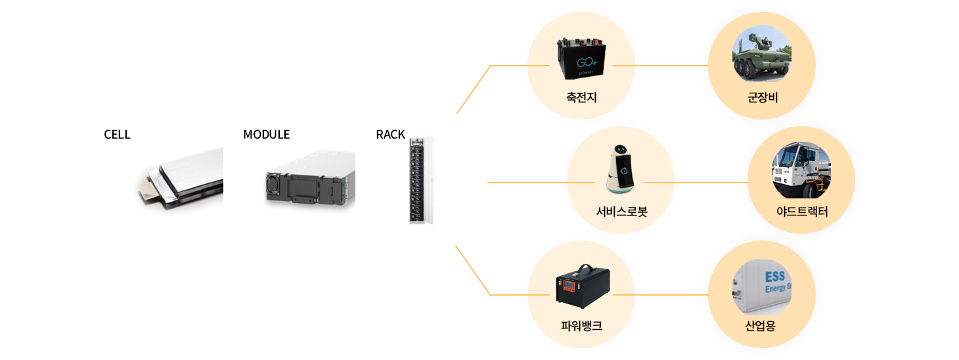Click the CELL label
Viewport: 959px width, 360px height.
117,135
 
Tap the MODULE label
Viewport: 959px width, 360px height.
266,135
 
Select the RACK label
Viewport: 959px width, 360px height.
390,135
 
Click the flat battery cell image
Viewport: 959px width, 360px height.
181,181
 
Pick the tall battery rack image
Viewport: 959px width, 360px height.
421,180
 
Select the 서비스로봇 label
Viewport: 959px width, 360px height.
620,212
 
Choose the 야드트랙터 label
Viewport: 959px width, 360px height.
801,212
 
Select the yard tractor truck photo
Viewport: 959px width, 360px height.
801,170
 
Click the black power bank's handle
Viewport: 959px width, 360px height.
582,271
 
